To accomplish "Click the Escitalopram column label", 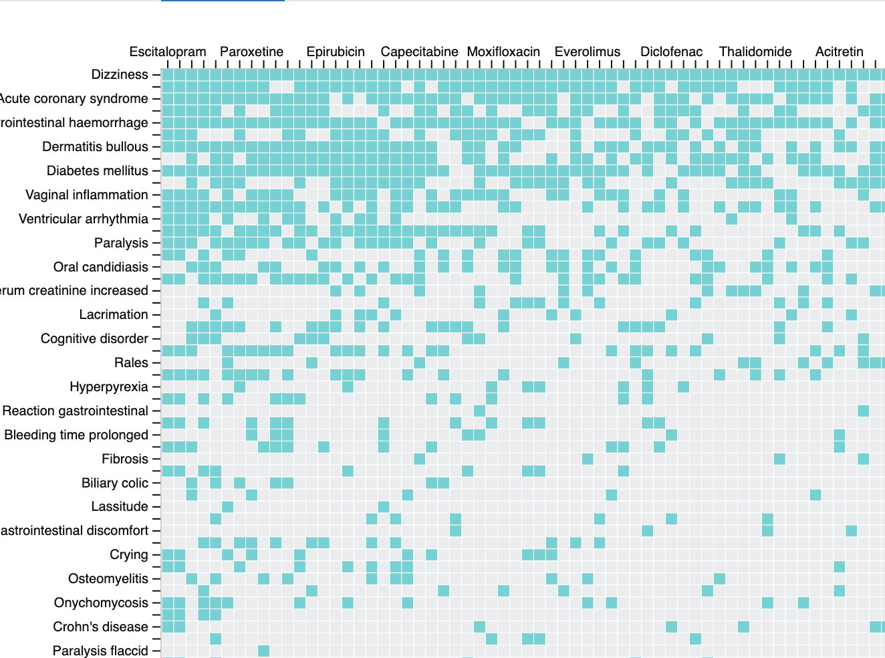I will (x=168, y=51).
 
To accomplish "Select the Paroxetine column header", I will (x=251, y=51).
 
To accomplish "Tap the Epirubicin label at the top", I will (x=336, y=51).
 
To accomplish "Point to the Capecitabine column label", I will (x=419, y=51).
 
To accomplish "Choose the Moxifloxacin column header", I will (x=503, y=51).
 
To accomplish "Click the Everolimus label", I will (x=587, y=51).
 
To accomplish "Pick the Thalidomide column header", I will (x=755, y=51).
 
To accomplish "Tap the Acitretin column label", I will (x=839, y=51).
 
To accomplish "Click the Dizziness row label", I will (x=120, y=74).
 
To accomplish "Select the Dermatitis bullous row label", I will (x=95, y=146).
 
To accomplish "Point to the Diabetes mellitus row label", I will (x=97, y=171).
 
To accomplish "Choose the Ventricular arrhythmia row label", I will (x=84, y=219).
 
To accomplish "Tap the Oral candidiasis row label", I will (x=101, y=267).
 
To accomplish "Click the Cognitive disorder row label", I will (x=94, y=338).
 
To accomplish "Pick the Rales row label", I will (x=131, y=362).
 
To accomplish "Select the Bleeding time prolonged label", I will (x=76, y=435).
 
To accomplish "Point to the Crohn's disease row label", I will (x=100, y=627).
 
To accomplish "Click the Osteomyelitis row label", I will (x=108, y=578).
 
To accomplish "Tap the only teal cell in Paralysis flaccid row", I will (x=263, y=651).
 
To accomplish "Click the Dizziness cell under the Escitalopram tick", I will (x=168, y=75).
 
